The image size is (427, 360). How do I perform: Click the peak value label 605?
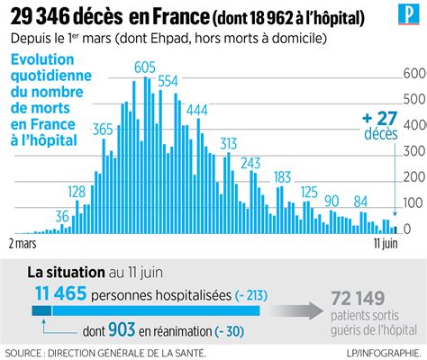[x=143, y=68]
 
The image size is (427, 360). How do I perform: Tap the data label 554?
[x=168, y=81]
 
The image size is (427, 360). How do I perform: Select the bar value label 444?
[x=195, y=110]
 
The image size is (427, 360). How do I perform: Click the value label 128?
[x=77, y=192]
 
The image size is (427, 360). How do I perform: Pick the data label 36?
[x=63, y=216]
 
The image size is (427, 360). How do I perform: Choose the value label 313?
[x=228, y=144]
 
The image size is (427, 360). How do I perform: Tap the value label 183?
[x=282, y=176]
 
